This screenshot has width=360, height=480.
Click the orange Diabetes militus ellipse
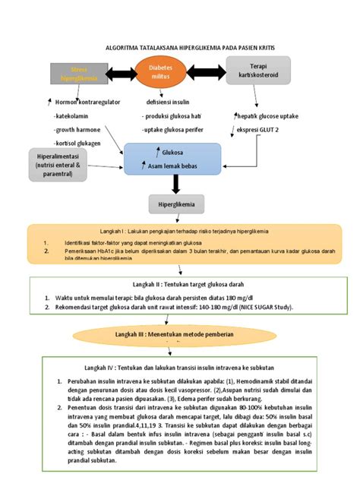(x=160, y=74)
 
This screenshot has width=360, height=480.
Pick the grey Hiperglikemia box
(x=175, y=204)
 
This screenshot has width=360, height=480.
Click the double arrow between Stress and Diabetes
(x=120, y=74)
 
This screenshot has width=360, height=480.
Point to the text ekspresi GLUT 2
(x=257, y=130)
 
